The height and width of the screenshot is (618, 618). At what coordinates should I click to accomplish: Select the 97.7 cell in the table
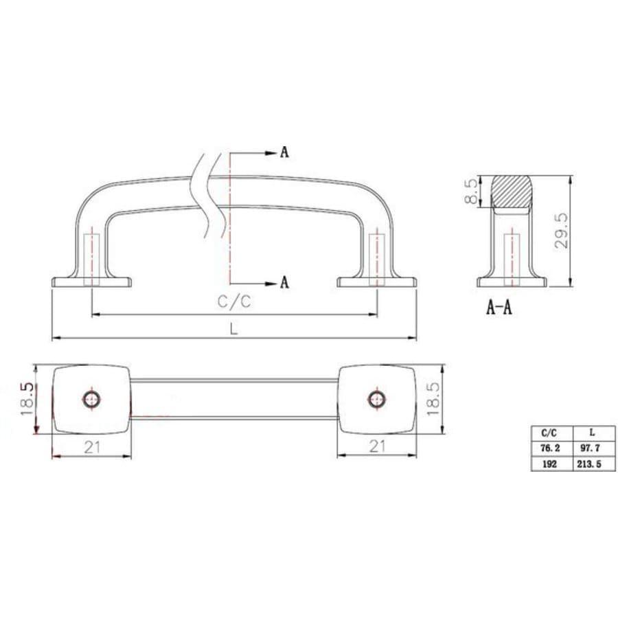pyautogui.click(x=591, y=448)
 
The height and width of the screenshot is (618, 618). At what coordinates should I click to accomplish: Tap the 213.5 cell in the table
pyautogui.click(x=591, y=463)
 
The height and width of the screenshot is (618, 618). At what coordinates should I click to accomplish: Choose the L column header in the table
pyautogui.click(x=591, y=433)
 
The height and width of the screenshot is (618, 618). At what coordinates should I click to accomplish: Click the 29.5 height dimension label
pyautogui.click(x=562, y=231)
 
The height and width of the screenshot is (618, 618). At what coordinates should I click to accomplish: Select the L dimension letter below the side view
pyautogui.click(x=234, y=328)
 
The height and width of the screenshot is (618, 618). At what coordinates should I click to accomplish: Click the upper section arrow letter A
pyautogui.click(x=284, y=152)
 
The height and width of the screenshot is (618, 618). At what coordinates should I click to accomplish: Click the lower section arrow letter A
pyautogui.click(x=284, y=282)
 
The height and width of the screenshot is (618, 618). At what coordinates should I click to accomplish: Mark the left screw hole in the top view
pyautogui.click(x=91, y=398)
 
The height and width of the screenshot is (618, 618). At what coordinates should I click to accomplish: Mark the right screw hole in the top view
pyautogui.click(x=376, y=398)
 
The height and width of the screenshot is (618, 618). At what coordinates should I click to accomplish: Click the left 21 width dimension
pyautogui.click(x=92, y=447)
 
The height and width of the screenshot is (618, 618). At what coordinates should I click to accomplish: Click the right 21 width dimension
pyautogui.click(x=376, y=447)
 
